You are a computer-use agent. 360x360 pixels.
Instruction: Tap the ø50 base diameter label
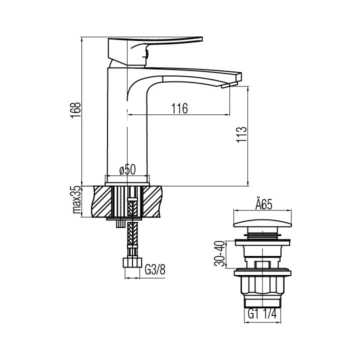[x=127, y=169]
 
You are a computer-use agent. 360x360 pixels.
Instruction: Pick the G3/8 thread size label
[x=154, y=271]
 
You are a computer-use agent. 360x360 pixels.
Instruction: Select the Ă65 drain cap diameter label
[x=263, y=205]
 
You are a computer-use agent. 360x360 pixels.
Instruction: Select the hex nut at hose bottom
[x=132, y=263]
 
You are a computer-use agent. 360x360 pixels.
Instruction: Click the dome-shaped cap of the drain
[x=263, y=223]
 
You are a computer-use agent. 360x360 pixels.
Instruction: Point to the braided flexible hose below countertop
[x=132, y=235]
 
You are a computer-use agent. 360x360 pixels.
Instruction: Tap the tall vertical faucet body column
[x=118, y=125]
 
